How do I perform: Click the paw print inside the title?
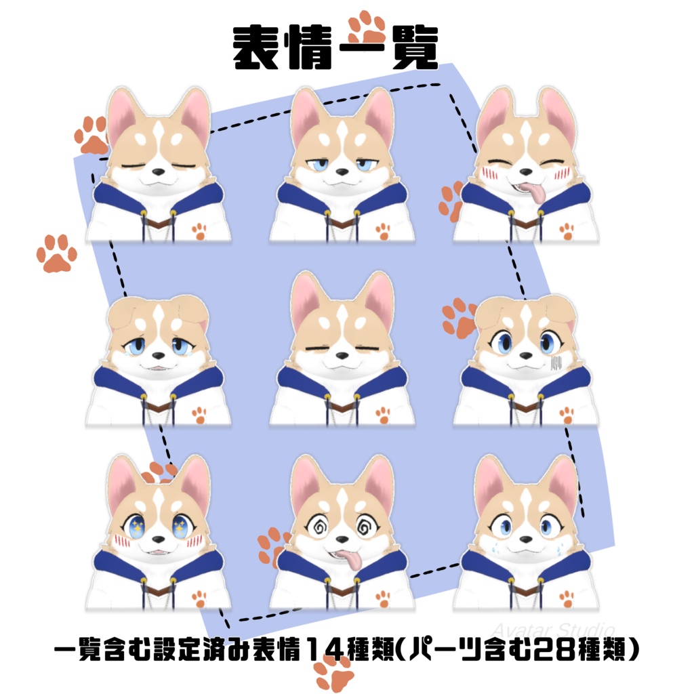click(x=367, y=28)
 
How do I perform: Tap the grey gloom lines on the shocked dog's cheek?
click(x=556, y=363)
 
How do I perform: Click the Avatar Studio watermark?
click(x=553, y=629)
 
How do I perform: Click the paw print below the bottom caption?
click(x=334, y=674)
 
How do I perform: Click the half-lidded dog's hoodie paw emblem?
click(x=383, y=232)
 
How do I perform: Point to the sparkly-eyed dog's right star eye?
click(x=180, y=526)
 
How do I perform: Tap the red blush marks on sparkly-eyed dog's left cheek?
click(x=122, y=541)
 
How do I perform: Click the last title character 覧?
click(x=413, y=49)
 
